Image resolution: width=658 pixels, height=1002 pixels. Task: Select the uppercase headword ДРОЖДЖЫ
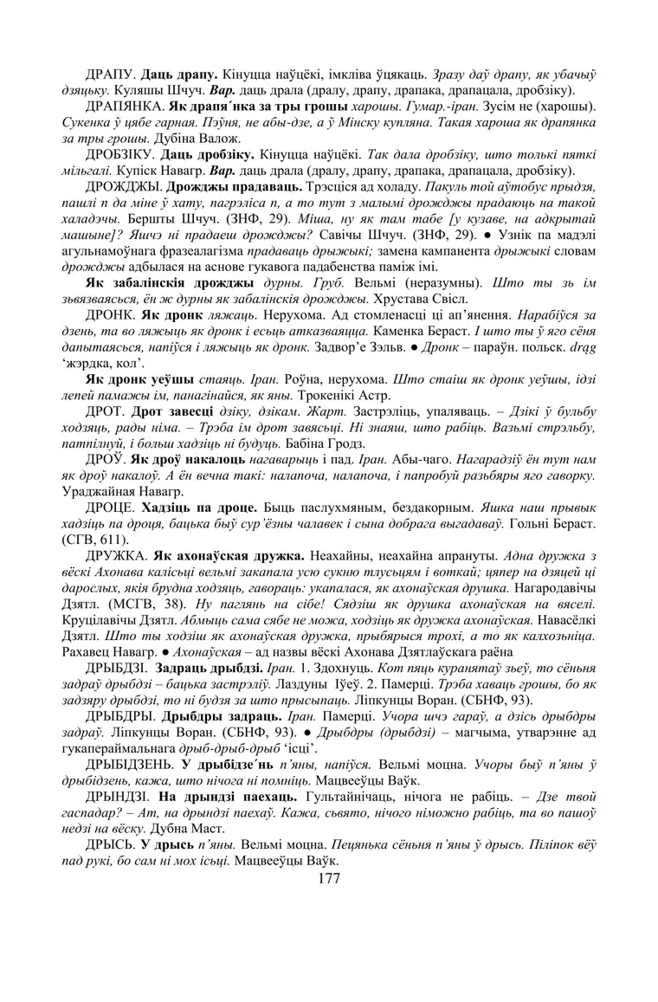pos(122,185)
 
